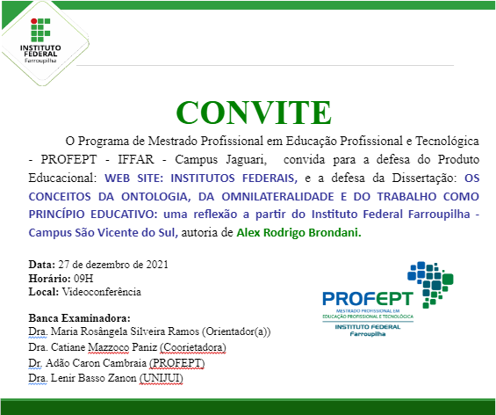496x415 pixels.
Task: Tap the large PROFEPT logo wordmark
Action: [x=361, y=298]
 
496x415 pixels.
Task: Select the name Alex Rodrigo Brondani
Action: [x=310, y=233]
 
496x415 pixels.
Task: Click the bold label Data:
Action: [x=41, y=264]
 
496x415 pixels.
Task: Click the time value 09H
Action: [x=80, y=278]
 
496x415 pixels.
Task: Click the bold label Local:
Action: [x=44, y=292]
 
